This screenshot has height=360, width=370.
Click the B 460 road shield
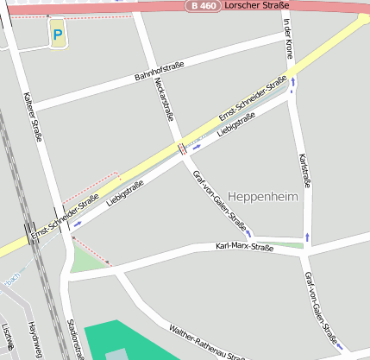point(203,6)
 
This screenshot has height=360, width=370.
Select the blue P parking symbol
point(58,35)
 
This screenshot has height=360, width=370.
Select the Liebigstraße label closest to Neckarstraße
point(237,125)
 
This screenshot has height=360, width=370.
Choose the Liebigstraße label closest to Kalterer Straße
point(125,195)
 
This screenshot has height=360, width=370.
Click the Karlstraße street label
point(303,170)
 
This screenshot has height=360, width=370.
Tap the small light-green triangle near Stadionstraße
point(83,259)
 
